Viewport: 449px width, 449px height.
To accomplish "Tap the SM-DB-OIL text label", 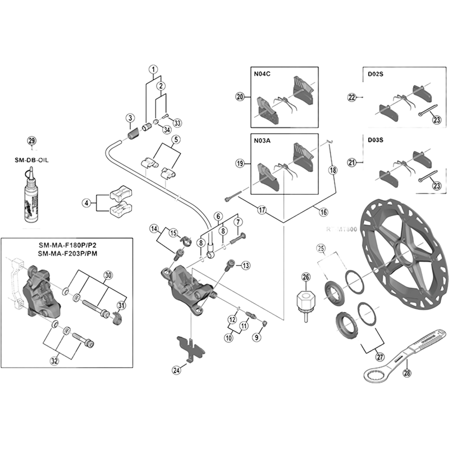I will [x=32, y=159].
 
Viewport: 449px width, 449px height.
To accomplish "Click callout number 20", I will [x=240, y=97].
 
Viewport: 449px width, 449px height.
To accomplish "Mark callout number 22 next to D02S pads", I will [x=352, y=97].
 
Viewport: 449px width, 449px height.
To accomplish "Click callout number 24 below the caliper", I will [x=177, y=369].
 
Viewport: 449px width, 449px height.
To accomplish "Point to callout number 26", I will [x=306, y=276].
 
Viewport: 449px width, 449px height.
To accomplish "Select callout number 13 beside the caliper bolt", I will [x=245, y=265].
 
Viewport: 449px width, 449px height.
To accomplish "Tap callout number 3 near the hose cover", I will [x=130, y=118].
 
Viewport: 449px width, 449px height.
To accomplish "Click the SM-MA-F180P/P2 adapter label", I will [x=72, y=245].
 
